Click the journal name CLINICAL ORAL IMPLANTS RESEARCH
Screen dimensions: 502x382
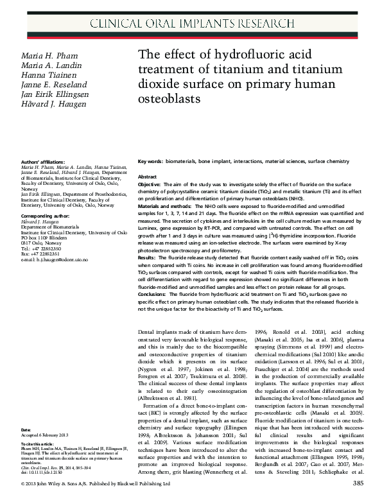[x=191, y=24]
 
